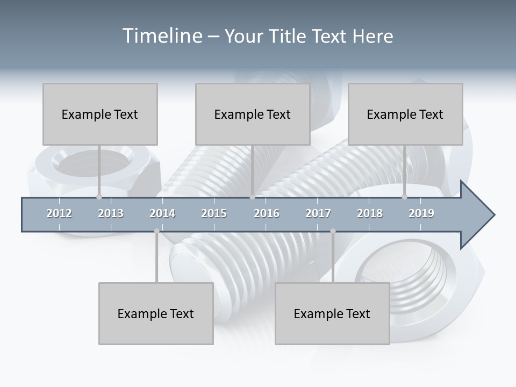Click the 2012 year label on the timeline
tap(59, 213)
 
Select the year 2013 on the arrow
tap(111, 213)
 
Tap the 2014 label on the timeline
tap(162, 213)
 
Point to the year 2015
tap(214, 213)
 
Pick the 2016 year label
tap(267, 213)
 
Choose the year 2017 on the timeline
tap(318, 213)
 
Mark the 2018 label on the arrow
tap(370, 213)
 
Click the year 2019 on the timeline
tap(421, 213)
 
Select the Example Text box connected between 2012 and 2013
tap(100, 114)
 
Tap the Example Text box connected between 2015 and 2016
tap(253, 114)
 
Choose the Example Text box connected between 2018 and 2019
tap(405, 114)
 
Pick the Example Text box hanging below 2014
tap(156, 313)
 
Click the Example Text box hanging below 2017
tap(332, 313)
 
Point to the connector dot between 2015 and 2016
tap(252, 197)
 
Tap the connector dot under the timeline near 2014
tap(156, 231)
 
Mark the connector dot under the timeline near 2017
tap(333, 231)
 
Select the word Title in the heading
tap(288, 36)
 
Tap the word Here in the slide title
tap(372, 36)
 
